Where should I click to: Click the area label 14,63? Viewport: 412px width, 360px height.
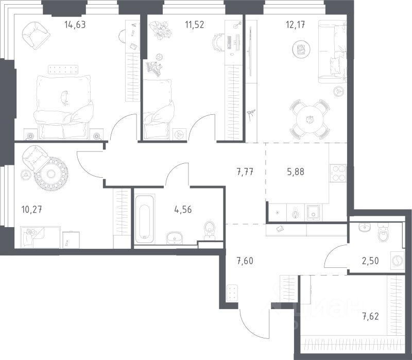pos(75,25)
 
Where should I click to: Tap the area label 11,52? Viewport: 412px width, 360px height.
pos(195,25)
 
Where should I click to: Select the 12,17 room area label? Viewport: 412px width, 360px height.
pos(296,25)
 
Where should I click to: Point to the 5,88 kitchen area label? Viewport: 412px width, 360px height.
pos(296,172)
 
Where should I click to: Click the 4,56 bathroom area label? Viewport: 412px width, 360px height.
pos(183,210)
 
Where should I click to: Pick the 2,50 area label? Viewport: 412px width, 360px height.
pos(370,261)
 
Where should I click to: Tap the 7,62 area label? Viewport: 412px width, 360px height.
pos(371,316)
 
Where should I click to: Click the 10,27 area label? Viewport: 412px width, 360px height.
pos(32,210)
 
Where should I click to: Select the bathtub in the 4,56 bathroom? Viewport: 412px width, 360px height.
pos(145,219)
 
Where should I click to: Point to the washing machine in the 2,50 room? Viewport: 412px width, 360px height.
pos(397,261)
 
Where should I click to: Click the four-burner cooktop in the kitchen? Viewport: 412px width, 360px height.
pos(338,173)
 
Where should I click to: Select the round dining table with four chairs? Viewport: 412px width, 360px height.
pos(310,119)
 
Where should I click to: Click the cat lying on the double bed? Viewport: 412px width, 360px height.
pos(64,97)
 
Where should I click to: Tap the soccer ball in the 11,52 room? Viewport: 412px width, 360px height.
pos(159,57)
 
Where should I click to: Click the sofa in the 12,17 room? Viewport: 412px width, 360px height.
pos(332,52)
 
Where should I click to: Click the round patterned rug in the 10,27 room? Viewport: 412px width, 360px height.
pos(51,174)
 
